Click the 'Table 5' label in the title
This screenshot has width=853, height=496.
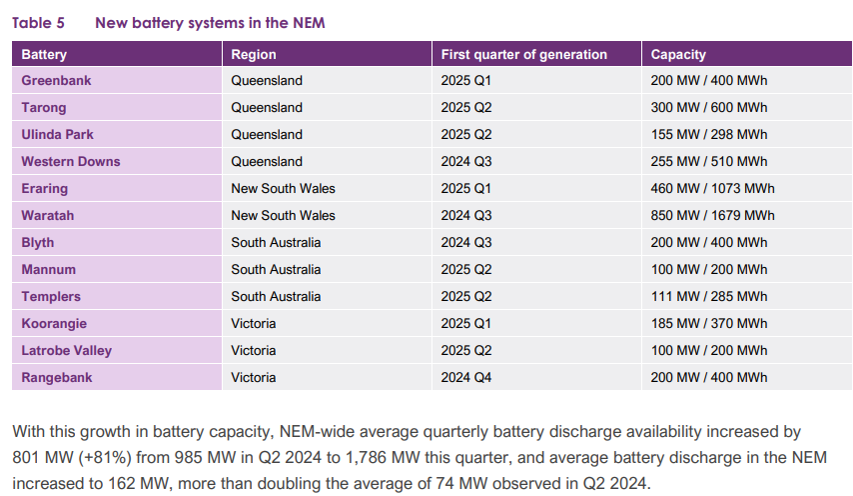[40, 22]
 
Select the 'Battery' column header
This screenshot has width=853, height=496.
[44, 54]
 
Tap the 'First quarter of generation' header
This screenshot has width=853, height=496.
[523, 54]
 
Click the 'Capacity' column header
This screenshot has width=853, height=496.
[678, 54]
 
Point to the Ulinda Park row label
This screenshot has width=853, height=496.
[58, 134]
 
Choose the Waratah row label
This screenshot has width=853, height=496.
[48, 215]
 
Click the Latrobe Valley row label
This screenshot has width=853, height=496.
[66, 350]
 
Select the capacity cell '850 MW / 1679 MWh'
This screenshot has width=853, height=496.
[712, 215]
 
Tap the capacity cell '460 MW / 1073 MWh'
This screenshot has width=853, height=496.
[712, 188]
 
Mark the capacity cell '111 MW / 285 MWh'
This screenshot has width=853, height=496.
[708, 296]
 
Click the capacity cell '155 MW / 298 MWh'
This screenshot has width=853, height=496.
[708, 134]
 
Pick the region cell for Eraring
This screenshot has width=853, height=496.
[283, 188]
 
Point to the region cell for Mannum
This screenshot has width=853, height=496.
[276, 269]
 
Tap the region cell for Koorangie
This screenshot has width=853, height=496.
[253, 323]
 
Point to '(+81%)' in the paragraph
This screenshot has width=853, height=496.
[100, 458]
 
